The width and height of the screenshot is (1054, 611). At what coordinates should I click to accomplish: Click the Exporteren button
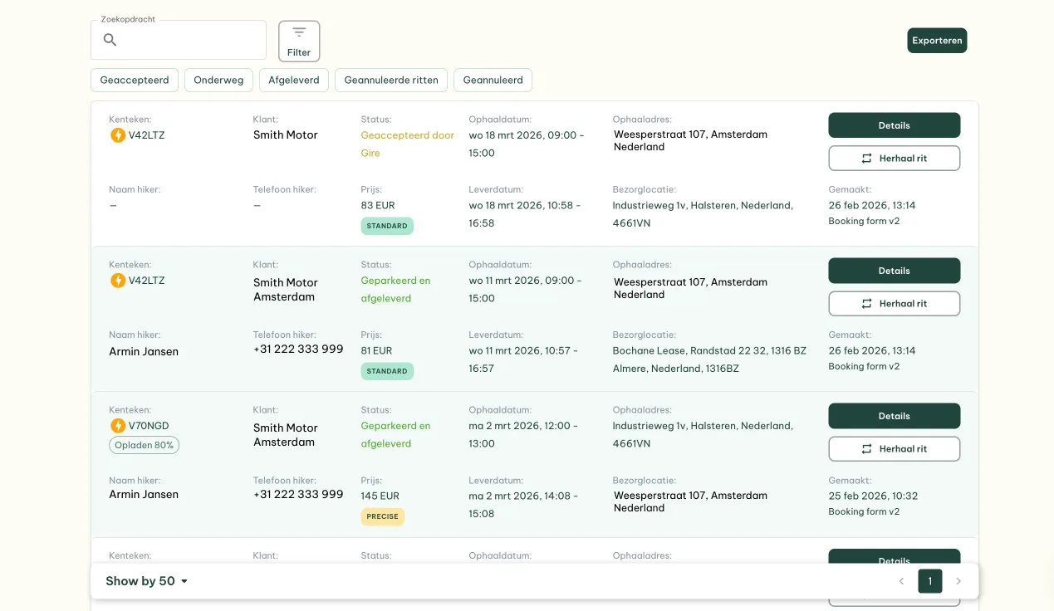click(936, 41)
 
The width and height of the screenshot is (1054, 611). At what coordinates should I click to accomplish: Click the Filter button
click(299, 41)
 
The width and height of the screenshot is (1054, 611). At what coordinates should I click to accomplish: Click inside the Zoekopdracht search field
click(191, 40)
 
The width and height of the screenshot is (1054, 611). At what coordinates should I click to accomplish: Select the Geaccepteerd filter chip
click(135, 80)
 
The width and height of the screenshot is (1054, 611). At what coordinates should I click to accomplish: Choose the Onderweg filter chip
click(218, 80)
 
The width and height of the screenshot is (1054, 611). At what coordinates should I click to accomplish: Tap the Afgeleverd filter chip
click(293, 80)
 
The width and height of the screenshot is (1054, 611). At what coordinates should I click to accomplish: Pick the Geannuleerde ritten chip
click(391, 80)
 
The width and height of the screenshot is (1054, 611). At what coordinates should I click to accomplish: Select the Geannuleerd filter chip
click(493, 80)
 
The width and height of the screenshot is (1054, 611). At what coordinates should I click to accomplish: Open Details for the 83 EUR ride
click(894, 125)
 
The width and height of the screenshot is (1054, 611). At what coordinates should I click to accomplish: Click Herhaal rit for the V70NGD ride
click(894, 449)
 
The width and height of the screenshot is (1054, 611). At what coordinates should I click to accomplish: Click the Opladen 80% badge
click(144, 445)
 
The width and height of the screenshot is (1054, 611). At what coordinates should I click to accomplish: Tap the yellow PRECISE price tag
click(382, 516)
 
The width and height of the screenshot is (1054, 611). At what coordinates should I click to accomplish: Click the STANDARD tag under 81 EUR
click(387, 371)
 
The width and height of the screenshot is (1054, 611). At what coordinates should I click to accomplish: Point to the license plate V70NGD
click(148, 426)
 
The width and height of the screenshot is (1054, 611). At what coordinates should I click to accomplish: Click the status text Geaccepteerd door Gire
click(407, 144)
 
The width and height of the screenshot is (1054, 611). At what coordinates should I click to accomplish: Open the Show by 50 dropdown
click(147, 581)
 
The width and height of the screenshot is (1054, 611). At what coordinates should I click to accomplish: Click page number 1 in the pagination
click(929, 581)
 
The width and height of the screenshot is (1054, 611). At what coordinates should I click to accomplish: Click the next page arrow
click(958, 581)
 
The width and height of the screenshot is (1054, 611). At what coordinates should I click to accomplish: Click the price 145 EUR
click(380, 496)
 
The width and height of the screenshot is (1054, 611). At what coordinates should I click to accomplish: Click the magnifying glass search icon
click(110, 40)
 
